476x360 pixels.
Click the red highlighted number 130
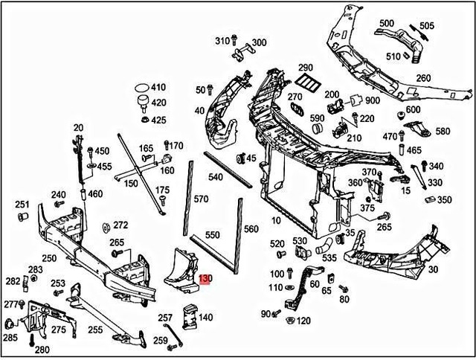click(206, 280)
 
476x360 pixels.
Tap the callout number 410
click(158, 88)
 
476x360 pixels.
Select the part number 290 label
click(306, 67)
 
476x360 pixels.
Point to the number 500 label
click(386, 24)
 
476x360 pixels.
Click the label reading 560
click(251, 229)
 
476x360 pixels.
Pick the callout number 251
click(22, 205)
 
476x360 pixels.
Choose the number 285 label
click(10, 338)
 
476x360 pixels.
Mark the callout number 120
click(303, 321)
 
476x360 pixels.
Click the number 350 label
click(444, 200)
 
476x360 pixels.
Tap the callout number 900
click(373, 101)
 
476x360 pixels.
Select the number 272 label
click(120, 225)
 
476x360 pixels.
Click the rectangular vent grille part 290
click(306, 82)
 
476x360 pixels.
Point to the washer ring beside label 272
click(104, 226)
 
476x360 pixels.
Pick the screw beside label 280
click(32, 340)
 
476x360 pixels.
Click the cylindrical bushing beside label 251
click(22, 217)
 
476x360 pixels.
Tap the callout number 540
click(216, 177)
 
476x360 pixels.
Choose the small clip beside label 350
click(430, 199)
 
